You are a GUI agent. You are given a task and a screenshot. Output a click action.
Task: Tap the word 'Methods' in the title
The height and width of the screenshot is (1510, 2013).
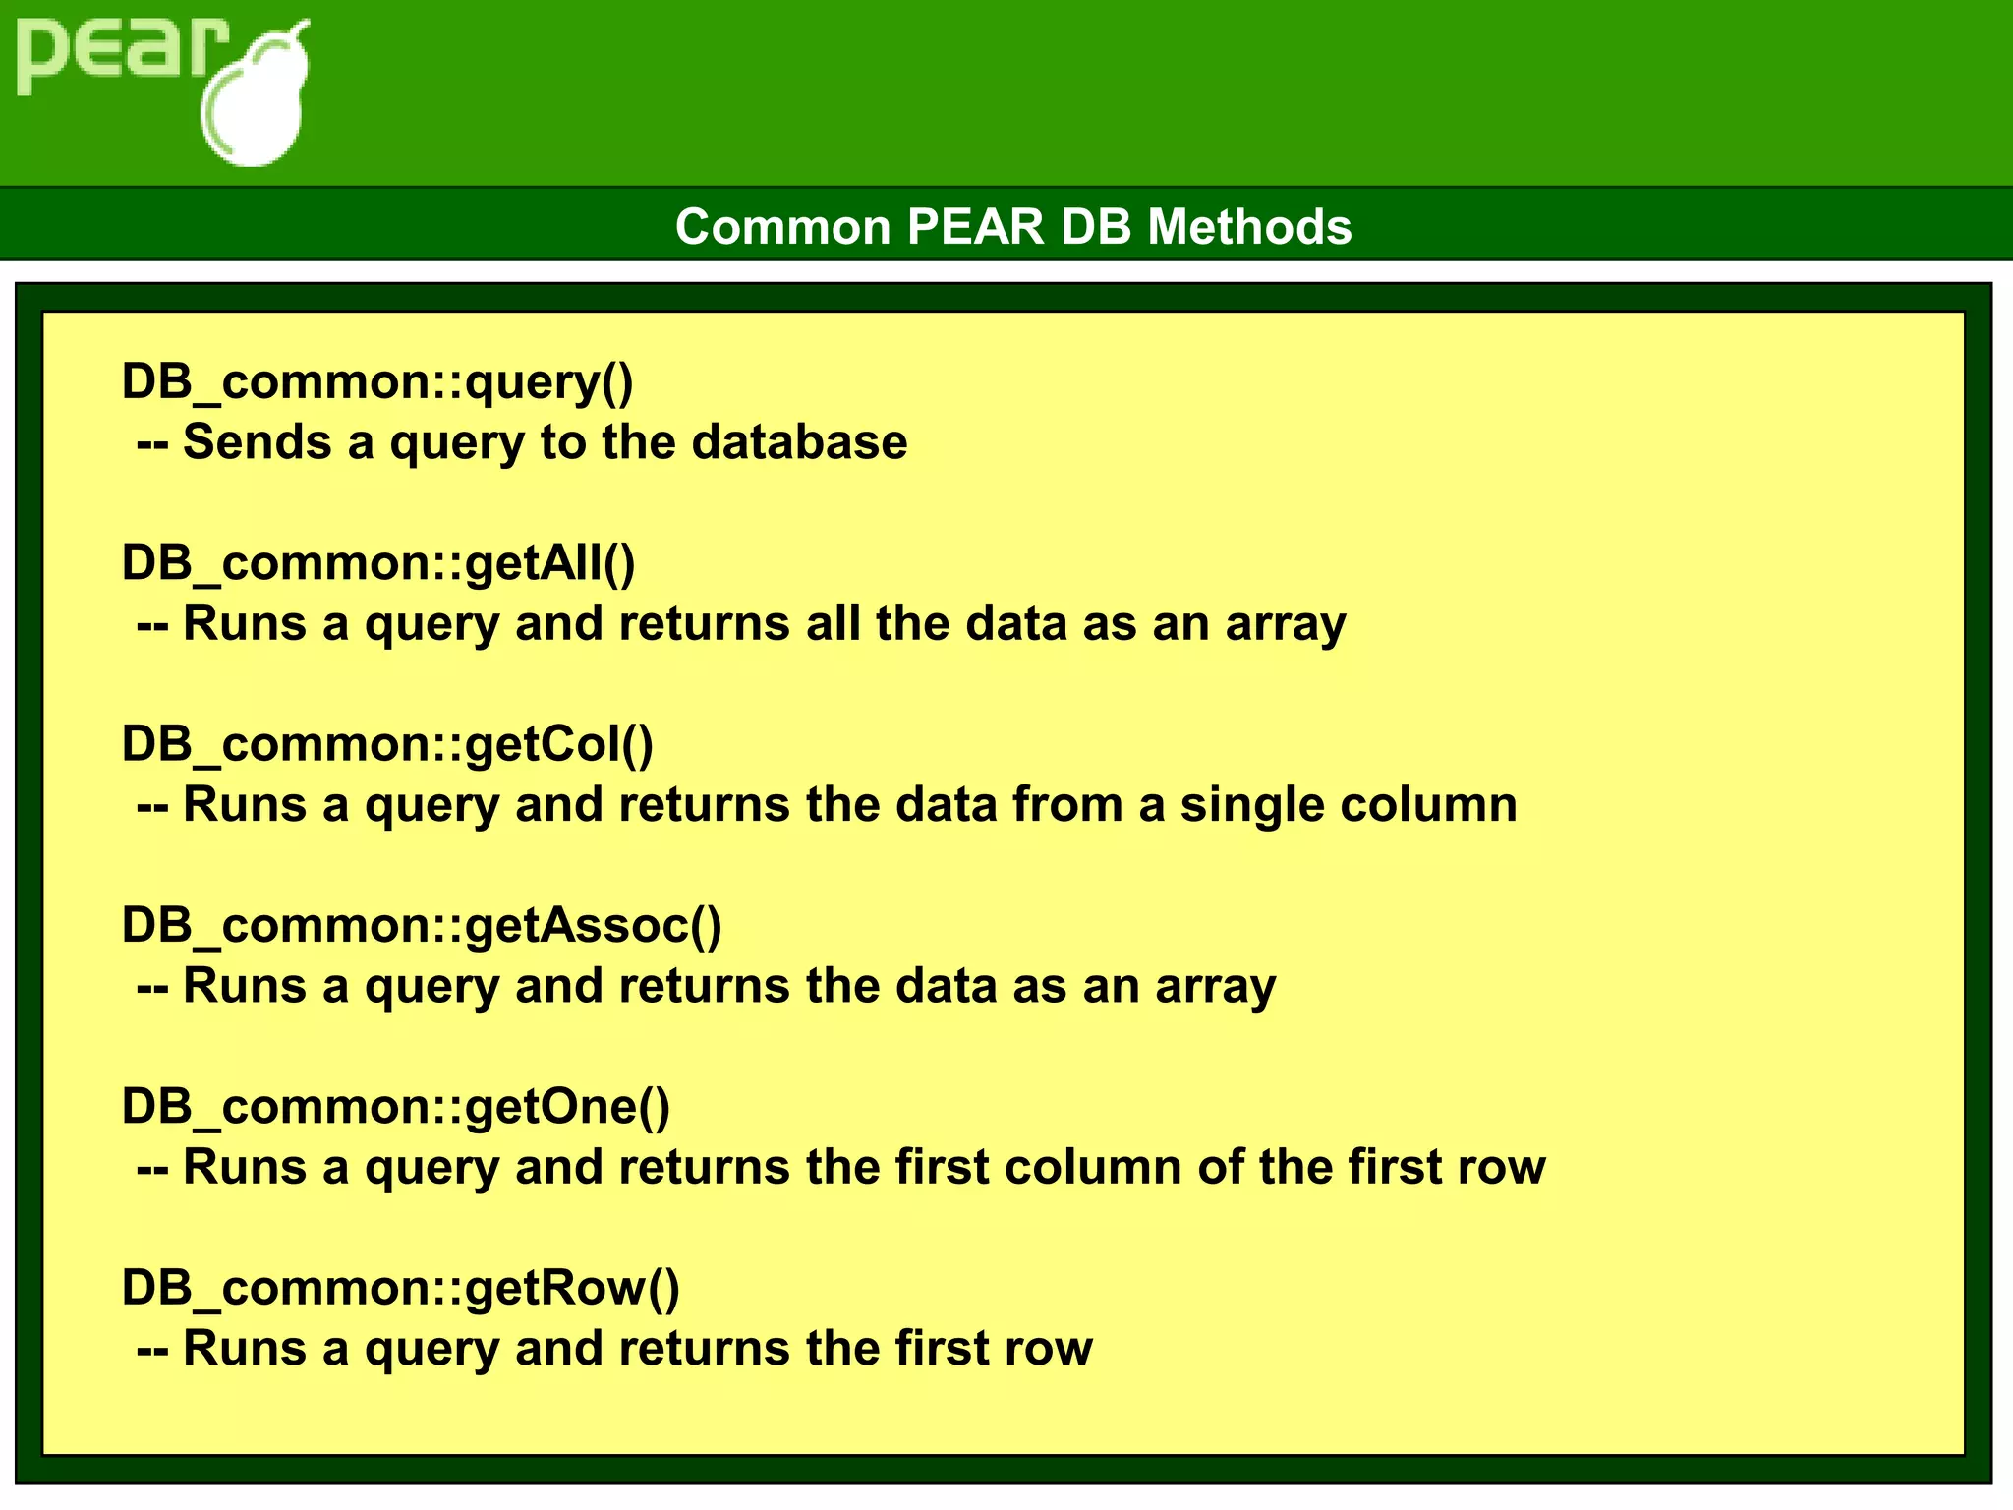(x=1249, y=227)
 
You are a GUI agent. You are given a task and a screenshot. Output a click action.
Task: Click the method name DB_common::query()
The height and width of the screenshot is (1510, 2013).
(x=377, y=381)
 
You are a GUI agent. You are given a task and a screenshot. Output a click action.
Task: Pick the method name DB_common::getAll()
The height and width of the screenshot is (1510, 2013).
(x=378, y=563)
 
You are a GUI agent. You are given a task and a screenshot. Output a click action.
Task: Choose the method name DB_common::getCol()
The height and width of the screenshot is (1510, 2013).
(x=387, y=744)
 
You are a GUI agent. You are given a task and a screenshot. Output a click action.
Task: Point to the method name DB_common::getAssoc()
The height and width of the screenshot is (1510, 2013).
(x=422, y=926)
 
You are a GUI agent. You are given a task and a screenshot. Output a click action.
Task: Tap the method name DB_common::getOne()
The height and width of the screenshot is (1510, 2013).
(x=396, y=1107)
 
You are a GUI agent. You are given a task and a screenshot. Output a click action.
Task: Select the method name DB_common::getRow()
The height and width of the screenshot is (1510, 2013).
(x=400, y=1288)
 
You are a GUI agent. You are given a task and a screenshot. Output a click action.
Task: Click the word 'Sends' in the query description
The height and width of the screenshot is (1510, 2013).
(x=258, y=442)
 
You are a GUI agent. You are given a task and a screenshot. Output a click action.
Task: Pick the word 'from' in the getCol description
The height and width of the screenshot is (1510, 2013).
(x=1067, y=805)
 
